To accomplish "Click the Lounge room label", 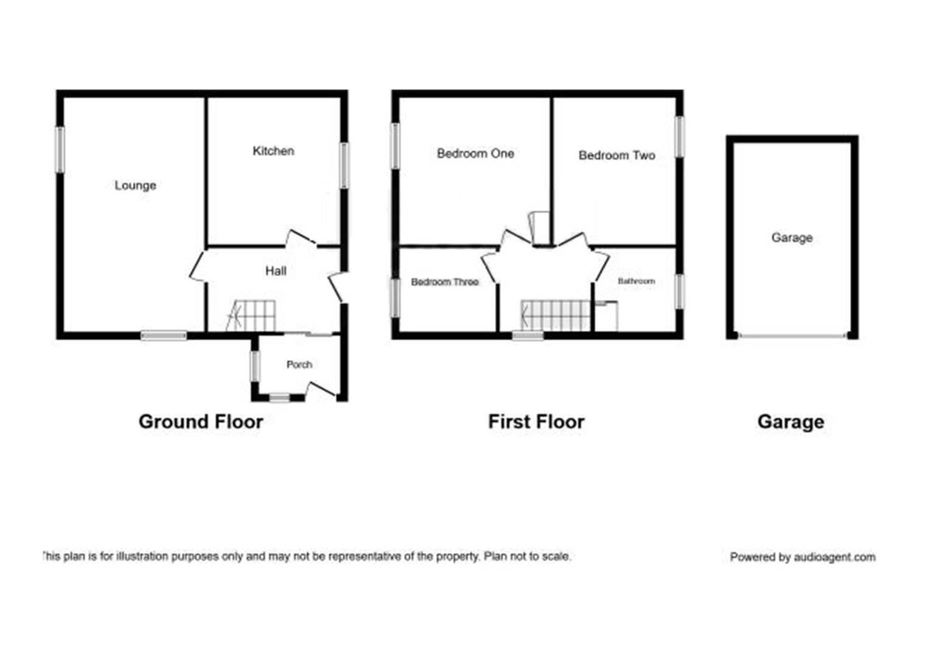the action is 135,186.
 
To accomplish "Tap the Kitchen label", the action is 274,151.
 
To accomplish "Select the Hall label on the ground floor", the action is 276,271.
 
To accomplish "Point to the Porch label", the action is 299,364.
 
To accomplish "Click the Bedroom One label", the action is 475,153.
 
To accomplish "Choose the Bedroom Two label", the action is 616,156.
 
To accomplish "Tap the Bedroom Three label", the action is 444,282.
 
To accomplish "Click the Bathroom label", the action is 636,281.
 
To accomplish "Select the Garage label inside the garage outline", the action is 792,238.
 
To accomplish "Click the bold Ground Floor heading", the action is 201,422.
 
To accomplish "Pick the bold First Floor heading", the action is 536,422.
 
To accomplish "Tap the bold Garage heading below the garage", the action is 791,423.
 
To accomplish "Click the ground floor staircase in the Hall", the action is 251,316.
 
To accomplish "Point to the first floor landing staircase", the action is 556,316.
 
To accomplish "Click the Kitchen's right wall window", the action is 344,165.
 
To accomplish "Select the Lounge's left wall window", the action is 60,150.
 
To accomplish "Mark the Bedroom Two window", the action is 679,137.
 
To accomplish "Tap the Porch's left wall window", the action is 255,366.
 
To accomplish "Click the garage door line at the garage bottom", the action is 792,335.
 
